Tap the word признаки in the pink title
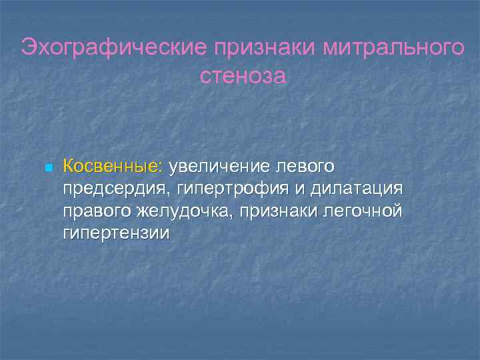[263, 48]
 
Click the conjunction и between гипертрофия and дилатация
[298, 189]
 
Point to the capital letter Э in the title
[29, 48]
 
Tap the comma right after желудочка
[227, 217]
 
